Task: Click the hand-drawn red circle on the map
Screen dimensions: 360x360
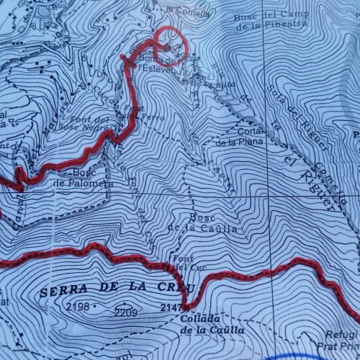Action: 172,45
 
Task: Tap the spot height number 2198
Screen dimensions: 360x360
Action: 77,307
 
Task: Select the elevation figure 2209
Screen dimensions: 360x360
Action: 125,312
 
